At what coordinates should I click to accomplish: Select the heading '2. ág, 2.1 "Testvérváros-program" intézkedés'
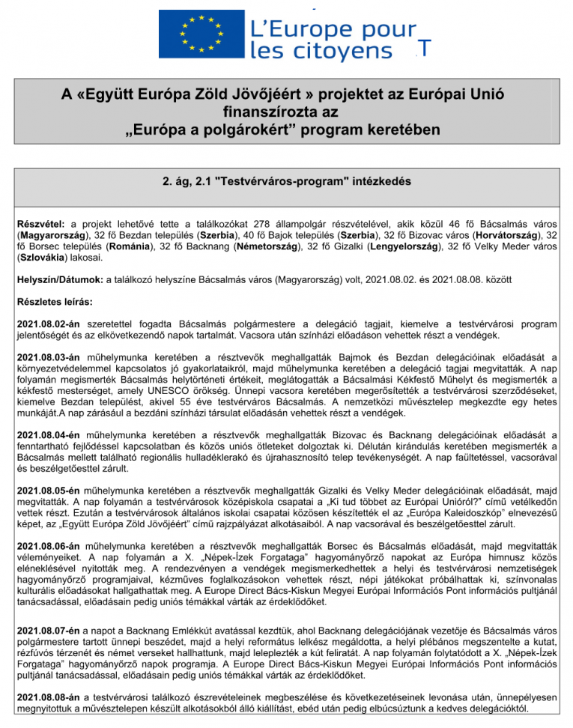[287, 181]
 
